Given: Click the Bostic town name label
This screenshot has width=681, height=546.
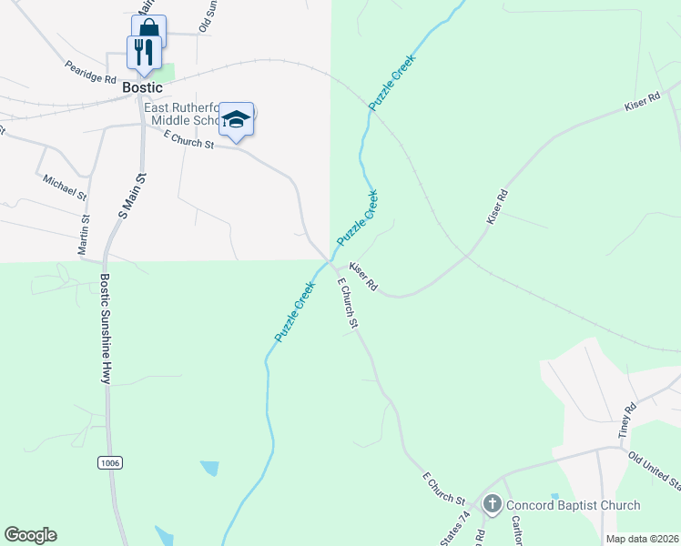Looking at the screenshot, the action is (143, 88).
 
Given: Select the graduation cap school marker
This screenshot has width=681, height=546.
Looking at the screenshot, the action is (237, 119).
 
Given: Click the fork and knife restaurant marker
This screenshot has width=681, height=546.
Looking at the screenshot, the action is (144, 52).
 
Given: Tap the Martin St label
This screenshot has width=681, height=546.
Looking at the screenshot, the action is (86, 235).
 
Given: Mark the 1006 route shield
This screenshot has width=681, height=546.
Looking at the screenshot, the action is (109, 463).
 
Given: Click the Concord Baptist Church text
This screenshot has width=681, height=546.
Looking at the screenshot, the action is (574, 505).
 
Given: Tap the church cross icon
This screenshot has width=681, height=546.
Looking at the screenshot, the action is (493, 504).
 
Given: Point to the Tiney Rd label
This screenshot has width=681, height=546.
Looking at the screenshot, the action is (627, 423).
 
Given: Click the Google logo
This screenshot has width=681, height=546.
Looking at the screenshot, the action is (30, 535).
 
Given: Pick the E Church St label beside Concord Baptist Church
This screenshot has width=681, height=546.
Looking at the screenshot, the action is (443, 489).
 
